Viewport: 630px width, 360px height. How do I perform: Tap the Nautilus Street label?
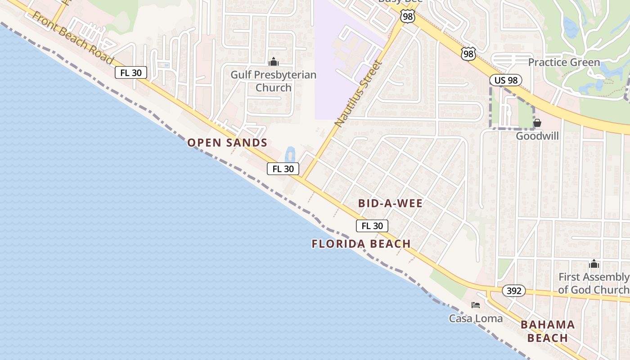(358, 93)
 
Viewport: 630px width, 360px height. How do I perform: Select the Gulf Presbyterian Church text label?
(273, 81)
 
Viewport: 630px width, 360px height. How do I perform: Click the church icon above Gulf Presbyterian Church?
(273, 62)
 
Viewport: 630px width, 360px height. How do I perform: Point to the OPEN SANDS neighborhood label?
(227, 143)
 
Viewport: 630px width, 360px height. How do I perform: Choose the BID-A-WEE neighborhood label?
(390, 203)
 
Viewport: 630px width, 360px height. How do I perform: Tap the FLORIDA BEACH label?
(361, 244)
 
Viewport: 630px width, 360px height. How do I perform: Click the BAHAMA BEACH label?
(548, 331)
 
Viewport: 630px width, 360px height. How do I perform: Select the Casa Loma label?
(476, 319)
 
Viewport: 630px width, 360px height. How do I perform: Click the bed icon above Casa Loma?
(476, 305)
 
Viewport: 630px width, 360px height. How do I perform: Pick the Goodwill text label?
(537, 136)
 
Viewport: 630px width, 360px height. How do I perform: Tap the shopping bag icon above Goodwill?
(537, 123)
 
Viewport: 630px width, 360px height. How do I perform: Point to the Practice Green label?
(564, 63)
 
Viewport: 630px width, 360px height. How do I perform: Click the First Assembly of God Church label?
(594, 283)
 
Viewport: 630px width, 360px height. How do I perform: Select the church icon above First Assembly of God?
(594, 264)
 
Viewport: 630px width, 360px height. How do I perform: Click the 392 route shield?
(513, 291)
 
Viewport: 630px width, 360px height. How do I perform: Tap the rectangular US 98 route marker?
(505, 81)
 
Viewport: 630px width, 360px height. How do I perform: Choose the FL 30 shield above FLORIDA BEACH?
(372, 226)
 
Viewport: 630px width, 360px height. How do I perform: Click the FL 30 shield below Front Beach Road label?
(131, 72)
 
